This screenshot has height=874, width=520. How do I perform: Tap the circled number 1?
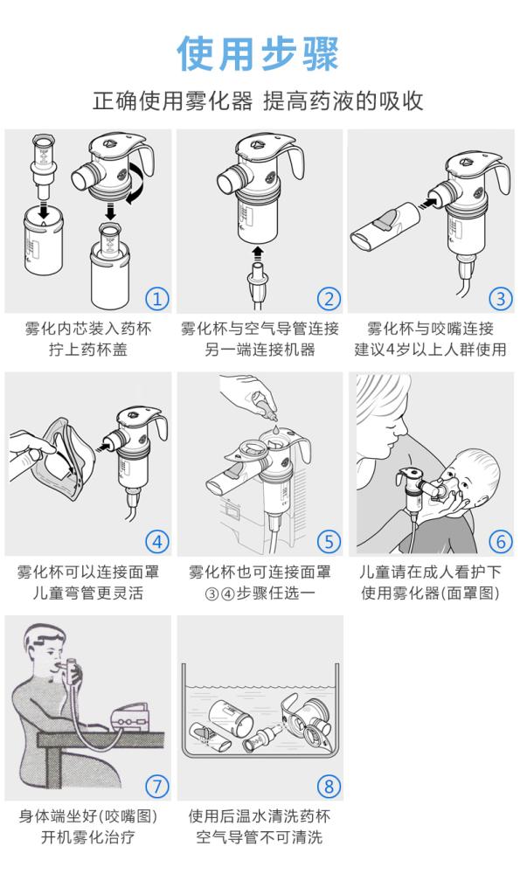[157, 298]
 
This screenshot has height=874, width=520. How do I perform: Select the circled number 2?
[329, 298]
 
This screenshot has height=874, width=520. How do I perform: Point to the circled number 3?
[500, 298]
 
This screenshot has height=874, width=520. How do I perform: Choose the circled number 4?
[157, 541]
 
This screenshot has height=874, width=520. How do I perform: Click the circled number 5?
[329, 541]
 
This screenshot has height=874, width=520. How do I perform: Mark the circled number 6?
[500, 541]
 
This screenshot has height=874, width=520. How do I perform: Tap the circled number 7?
[157, 786]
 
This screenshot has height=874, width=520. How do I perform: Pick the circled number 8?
[329, 786]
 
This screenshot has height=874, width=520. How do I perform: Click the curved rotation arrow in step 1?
[141, 181]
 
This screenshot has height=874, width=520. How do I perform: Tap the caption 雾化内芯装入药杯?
[88, 329]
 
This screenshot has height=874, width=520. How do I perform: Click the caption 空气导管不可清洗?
[260, 836]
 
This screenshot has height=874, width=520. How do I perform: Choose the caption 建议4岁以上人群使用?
[430, 350]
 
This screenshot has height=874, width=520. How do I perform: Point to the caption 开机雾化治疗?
[88, 836]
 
